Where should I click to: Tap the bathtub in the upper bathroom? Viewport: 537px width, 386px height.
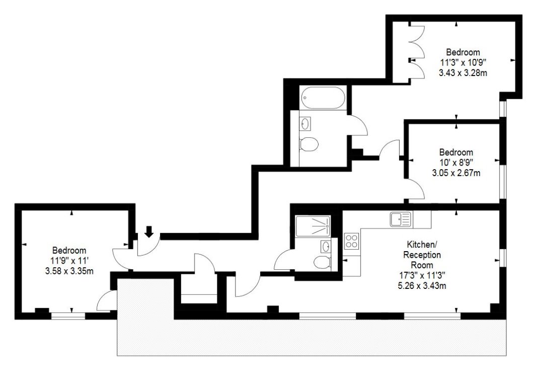click(323, 98)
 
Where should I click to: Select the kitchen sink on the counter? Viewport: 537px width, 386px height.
click(400, 219)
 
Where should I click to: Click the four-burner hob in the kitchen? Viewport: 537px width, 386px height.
click(351, 241)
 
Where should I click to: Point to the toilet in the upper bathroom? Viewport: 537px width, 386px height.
click(309, 144)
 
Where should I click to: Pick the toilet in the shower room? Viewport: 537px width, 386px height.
click(321, 262)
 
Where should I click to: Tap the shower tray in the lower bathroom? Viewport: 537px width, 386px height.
click(313, 226)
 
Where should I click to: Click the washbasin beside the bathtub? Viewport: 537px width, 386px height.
click(305, 123)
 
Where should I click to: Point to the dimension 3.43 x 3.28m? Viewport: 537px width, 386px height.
click(463, 72)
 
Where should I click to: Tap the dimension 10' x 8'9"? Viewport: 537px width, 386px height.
click(456, 163)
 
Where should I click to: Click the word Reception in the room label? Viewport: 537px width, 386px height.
click(422, 255)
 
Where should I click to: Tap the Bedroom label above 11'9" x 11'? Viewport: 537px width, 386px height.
click(69, 250)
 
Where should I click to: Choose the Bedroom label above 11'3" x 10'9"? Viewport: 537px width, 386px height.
click(463, 52)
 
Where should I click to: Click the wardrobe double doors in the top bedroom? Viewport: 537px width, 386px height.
click(417, 55)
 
